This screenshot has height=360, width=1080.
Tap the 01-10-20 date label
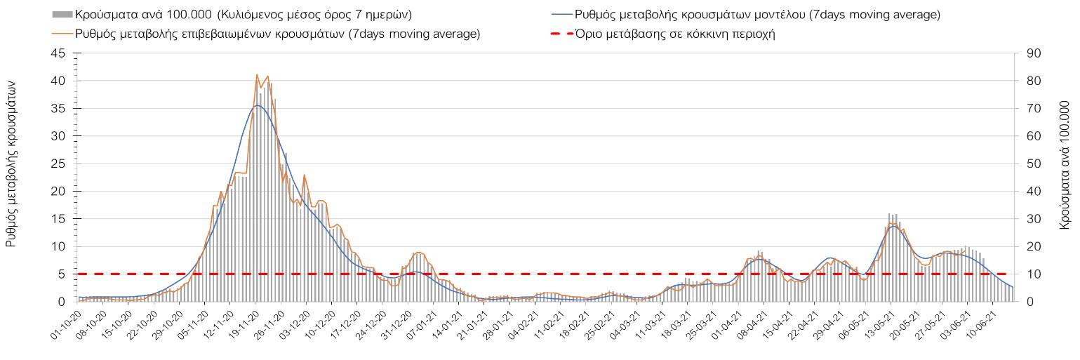point(67,324)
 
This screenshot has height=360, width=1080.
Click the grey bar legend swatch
point(62,14)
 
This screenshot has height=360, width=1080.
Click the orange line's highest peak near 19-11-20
point(257,74)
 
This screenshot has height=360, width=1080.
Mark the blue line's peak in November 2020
point(257,105)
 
